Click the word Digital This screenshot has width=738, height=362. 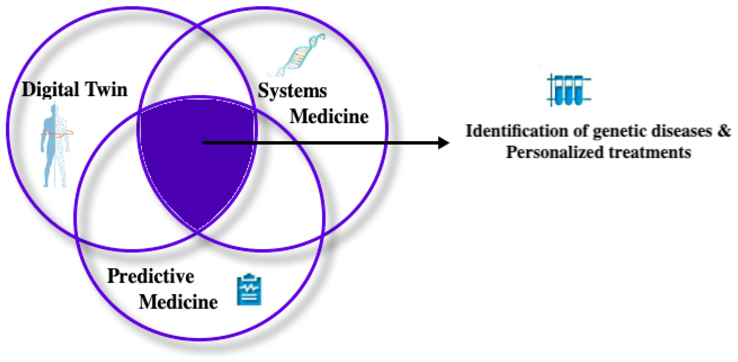click(50, 90)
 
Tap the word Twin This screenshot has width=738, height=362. click(106, 90)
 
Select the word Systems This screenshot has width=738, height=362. click(292, 91)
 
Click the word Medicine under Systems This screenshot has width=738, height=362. click(329, 117)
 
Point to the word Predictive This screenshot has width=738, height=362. click(150, 276)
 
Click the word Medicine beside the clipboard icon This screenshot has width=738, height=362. click(178, 302)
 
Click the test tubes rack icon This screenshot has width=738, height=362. click(568, 90)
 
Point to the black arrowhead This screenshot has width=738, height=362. click(443, 142)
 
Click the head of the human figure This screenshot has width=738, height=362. click(54, 109)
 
